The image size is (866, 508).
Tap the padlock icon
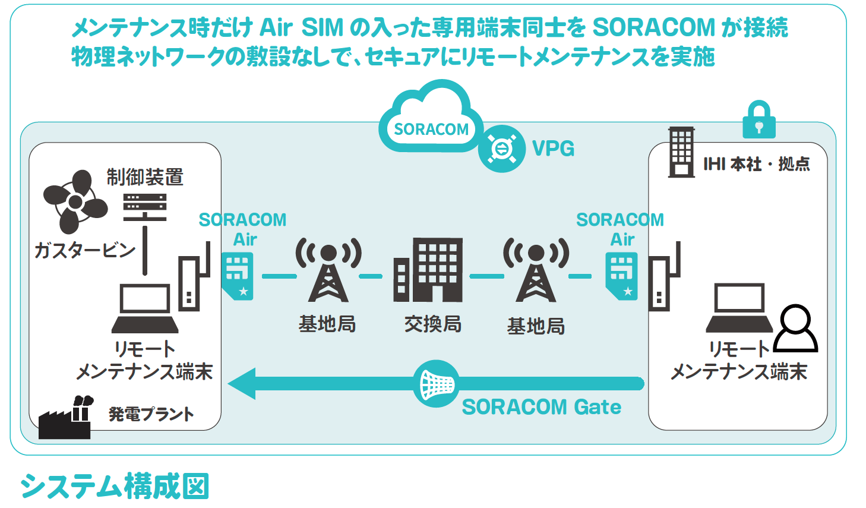758,120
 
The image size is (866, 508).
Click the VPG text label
553,149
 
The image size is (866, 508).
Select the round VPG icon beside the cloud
502,149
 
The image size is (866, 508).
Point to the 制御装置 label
145,177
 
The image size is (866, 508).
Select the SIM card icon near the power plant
238,276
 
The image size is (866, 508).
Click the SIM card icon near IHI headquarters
622,276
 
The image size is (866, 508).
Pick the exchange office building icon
428,270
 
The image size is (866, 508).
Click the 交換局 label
432,324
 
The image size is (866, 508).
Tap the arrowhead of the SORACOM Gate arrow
242,384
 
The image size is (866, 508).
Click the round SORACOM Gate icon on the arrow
437,384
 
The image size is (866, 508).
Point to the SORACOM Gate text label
541,407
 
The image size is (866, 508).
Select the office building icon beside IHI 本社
681,152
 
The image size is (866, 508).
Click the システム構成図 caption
115,486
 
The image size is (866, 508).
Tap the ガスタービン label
85,251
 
